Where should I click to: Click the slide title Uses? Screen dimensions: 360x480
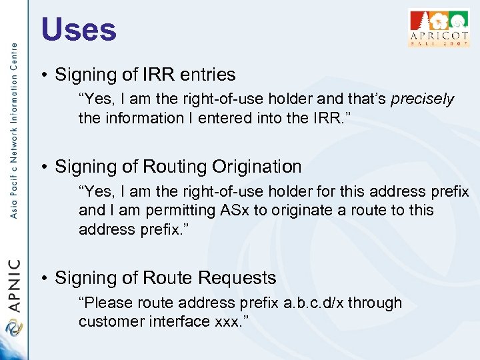coord(79,29)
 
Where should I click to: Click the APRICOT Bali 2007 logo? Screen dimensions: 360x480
coord(438,27)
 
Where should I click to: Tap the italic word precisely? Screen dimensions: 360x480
coord(422,100)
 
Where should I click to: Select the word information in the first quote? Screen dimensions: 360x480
coord(141,118)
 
